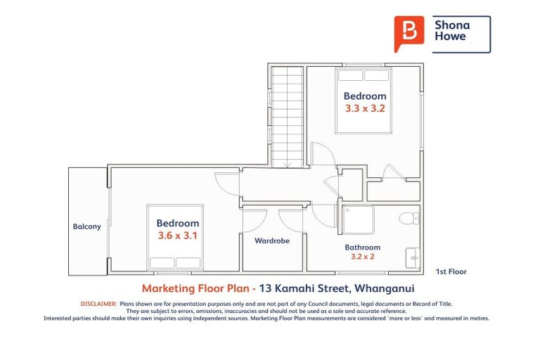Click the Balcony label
point(87,226)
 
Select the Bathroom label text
point(362,247)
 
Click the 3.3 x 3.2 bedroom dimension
point(365,109)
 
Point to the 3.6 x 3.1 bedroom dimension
point(177,236)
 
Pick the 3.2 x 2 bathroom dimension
point(363,257)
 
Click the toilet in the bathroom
point(409,219)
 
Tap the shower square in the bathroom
point(358,221)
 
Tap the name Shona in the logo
point(451,25)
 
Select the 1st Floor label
point(451,271)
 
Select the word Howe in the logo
point(450,37)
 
